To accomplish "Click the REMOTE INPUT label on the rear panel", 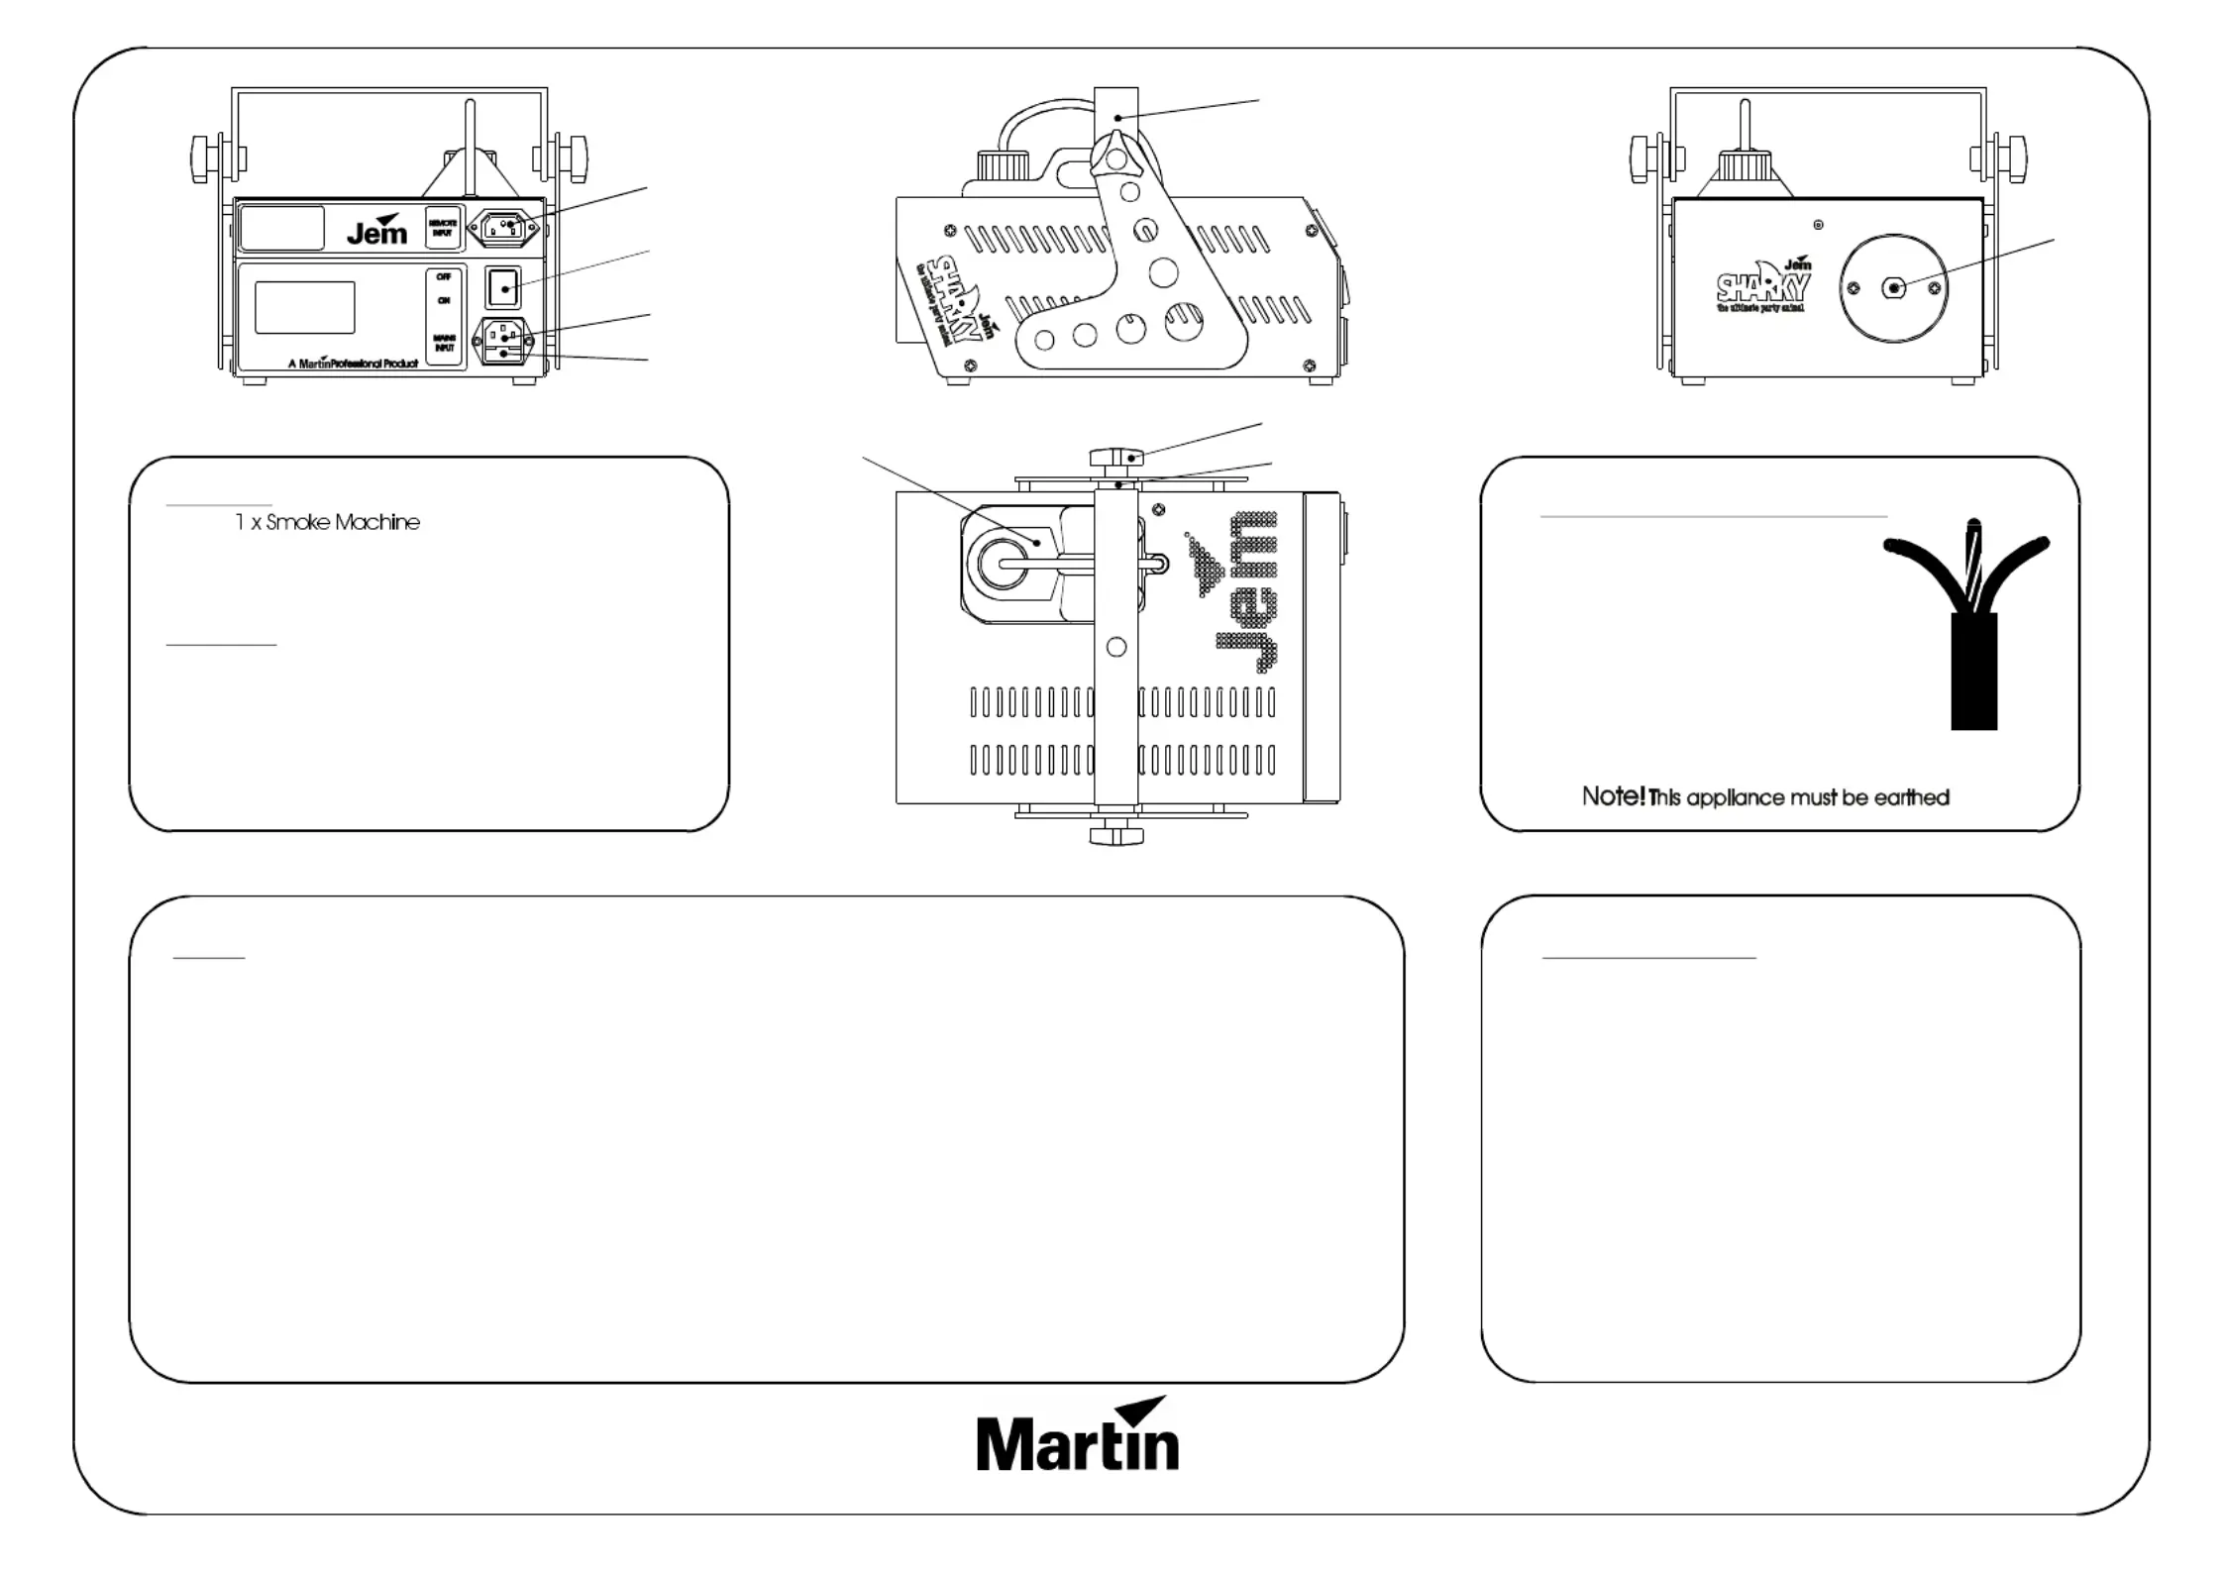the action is pyautogui.click(x=442, y=228).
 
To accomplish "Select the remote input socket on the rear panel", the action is pyautogui.click(x=503, y=228).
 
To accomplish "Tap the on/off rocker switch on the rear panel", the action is pyautogui.click(x=503, y=288).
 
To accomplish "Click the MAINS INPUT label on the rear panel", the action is pyautogui.click(x=444, y=343).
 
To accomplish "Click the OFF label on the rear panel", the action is pyautogui.click(x=443, y=277).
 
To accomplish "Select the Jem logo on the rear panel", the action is pyautogui.click(x=377, y=231).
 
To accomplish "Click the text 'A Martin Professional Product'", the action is pyautogui.click(x=353, y=364).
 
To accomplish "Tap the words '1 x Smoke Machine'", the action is pyautogui.click(x=328, y=522).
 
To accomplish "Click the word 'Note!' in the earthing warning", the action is pyautogui.click(x=1613, y=796).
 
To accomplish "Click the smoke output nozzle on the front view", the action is pyautogui.click(x=1893, y=288).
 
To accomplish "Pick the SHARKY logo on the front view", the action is pyautogui.click(x=1763, y=287).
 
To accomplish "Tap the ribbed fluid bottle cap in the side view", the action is pyautogui.click(x=1003, y=164).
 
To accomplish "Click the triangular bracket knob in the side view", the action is pyautogui.click(x=1115, y=159).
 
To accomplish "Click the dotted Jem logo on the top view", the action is pyautogui.click(x=1238, y=591).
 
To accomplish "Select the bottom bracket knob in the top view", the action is pyautogui.click(x=1116, y=834).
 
